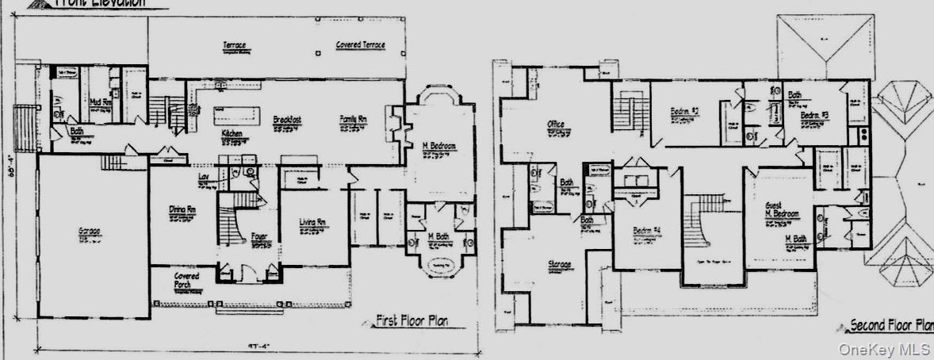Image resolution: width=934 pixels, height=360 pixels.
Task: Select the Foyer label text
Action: [258, 236]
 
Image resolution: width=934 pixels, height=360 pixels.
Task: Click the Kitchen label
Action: [232, 134]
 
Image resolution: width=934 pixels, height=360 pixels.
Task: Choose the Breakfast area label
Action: [285, 119]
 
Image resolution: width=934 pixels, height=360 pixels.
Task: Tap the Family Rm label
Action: [354, 118]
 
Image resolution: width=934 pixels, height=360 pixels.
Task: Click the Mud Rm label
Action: [99, 102]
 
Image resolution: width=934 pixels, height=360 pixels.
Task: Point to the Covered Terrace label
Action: [360, 45]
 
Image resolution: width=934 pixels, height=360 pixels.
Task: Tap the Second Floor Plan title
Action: [890, 325]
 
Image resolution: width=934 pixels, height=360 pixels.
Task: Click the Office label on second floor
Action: [555, 124]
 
